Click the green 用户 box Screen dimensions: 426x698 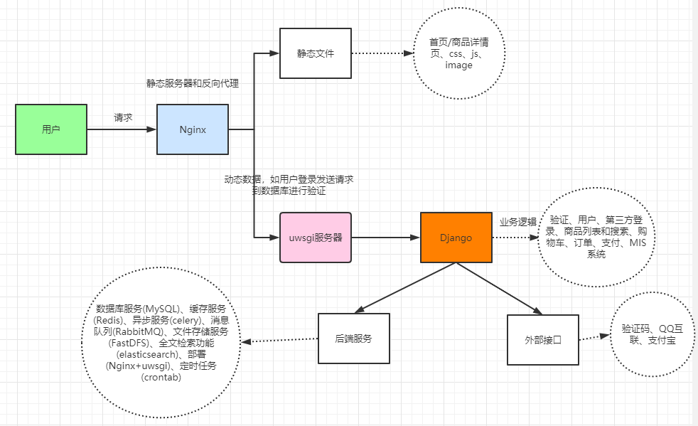51,129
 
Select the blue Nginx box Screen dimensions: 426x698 193,129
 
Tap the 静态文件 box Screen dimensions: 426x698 316,53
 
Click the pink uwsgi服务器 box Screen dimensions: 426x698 316,238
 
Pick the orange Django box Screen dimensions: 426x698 456,238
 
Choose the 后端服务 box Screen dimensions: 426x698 354,339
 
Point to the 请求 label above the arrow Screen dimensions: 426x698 124,117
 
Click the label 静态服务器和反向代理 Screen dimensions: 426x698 192,83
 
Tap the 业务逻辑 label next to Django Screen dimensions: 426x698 517,222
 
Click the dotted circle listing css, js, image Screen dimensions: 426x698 458,54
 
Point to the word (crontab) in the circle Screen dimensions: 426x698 161,378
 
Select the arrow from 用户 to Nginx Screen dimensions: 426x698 121,129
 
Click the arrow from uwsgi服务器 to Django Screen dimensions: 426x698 385,238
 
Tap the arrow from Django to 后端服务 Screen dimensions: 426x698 405,287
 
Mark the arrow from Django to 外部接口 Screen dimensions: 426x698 498,288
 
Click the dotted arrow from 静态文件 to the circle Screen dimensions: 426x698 382,53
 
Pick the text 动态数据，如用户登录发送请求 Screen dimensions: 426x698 289,180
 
